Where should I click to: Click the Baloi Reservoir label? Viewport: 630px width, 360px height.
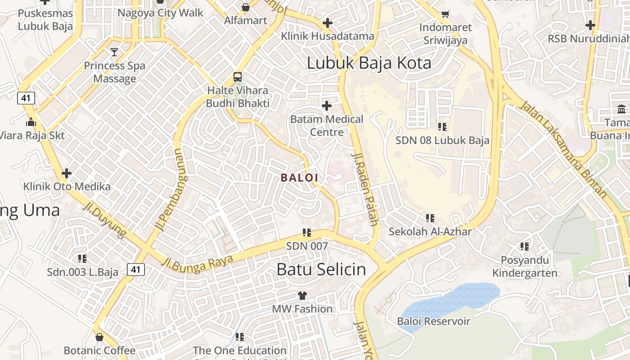tap(433, 321)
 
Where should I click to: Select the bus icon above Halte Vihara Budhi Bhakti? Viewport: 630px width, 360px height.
tap(238, 76)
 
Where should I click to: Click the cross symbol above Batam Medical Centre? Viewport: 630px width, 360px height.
tap(327, 106)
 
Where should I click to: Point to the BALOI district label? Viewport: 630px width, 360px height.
tap(300, 178)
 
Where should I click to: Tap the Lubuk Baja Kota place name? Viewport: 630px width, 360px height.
tap(369, 63)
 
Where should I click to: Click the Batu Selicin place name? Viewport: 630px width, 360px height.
tap(321, 270)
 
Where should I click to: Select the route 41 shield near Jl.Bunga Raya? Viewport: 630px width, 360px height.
tap(135, 270)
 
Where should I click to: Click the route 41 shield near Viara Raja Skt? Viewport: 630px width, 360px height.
tap(26, 98)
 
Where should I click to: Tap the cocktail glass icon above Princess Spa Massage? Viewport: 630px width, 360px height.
tap(114, 52)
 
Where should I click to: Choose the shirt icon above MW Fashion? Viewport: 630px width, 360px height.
tap(302, 296)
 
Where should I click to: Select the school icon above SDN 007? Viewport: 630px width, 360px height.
tap(307, 233)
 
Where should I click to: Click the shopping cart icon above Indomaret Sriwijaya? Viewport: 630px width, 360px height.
tap(445, 14)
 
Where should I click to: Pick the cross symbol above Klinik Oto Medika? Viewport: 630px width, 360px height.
tap(67, 173)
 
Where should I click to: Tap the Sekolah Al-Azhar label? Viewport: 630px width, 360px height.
tap(430, 232)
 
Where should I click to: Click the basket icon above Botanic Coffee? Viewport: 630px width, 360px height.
tap(99, 337)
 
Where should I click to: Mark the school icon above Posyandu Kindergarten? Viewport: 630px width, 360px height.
tap(525, 246)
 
